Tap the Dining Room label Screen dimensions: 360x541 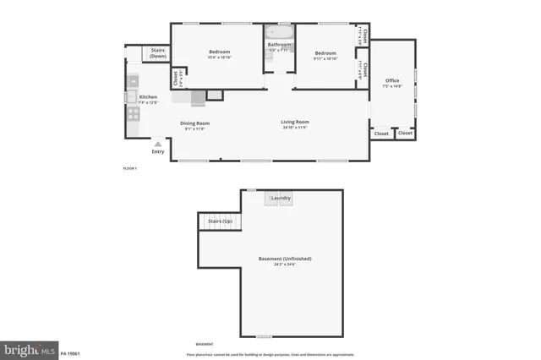point(195,123)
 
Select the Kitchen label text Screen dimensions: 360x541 point(148,97)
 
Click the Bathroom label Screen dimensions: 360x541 point(280,45)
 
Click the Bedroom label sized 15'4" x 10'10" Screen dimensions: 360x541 point(220,52)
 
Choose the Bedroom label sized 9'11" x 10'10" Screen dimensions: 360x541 point(325,52)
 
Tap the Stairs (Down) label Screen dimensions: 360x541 point(157,53)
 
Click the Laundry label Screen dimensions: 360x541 point(281,199)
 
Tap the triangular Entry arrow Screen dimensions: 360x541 point(157,145)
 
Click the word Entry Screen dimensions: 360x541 point(158,152)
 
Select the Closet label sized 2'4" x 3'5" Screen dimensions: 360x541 point(177,79)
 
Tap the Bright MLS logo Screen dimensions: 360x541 point(29,349)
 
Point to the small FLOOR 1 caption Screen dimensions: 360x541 point(130,169)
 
